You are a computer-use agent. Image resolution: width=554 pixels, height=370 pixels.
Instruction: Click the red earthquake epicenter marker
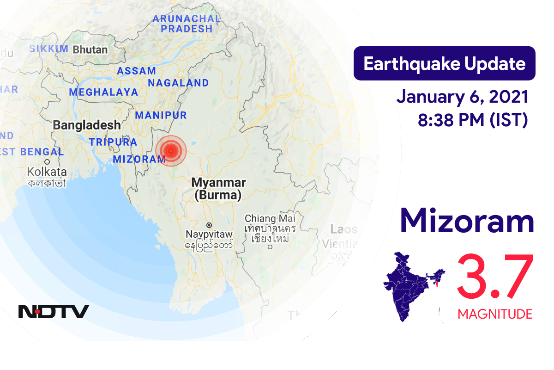point(171,149)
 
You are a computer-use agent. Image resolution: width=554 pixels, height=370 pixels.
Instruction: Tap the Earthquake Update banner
point(444,64)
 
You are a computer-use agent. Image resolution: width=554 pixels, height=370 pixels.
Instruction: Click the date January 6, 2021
point(462,98)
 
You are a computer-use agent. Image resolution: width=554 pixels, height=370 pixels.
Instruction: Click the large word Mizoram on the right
point(467,221)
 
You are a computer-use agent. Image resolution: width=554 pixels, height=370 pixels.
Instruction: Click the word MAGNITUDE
point(495,314)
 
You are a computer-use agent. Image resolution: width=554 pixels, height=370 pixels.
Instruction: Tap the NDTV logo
point(54,311)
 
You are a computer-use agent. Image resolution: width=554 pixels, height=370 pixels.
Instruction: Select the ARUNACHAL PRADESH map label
point(186,24)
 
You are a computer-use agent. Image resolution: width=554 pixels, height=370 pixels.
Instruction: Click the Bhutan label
point(90,49)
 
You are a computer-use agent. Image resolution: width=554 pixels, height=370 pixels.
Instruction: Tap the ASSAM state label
point(136,71)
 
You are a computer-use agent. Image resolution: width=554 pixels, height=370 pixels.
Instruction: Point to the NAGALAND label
point(178,83)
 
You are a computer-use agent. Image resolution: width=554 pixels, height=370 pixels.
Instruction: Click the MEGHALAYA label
point(103,92)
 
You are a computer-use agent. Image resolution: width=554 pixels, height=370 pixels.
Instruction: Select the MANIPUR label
point(161,115)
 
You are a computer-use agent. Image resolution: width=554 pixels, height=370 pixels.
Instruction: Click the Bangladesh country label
point(86,125)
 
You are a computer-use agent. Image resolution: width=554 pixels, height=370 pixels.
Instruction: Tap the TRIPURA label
point(113,142)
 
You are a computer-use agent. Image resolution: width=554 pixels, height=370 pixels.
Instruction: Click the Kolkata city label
point(47,172)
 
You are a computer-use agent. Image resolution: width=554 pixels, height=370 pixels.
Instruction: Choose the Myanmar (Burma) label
point(218,189)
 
